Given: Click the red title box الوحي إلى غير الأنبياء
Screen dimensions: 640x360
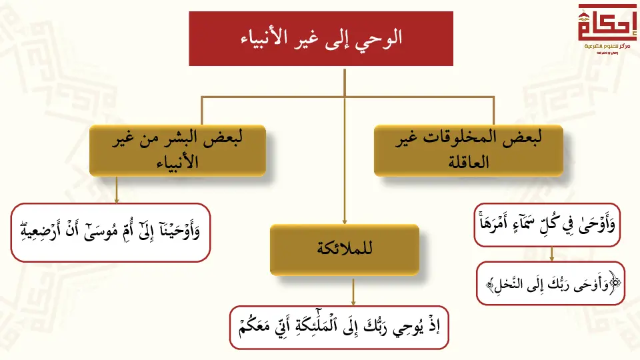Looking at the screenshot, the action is [321, 39].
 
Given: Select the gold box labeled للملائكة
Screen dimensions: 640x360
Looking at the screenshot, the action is [345, 249].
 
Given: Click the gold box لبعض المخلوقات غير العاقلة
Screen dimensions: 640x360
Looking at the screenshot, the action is [469, 150].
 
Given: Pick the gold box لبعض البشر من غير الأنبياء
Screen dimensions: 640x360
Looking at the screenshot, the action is [177, 150].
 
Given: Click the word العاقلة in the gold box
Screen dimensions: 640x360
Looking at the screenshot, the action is [469, 163].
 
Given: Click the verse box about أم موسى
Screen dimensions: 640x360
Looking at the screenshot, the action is [111, 232].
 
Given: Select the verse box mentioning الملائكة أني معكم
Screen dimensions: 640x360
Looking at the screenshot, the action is [339, 327].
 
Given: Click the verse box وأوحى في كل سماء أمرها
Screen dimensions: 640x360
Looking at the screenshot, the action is [547, 225].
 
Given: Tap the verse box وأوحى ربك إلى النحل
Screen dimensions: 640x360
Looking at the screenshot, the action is [550, 283].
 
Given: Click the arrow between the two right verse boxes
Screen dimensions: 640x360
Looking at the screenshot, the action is [552, 254].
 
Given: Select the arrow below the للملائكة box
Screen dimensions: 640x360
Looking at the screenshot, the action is [353, 292].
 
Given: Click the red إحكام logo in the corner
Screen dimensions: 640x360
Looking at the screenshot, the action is [607, 29].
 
